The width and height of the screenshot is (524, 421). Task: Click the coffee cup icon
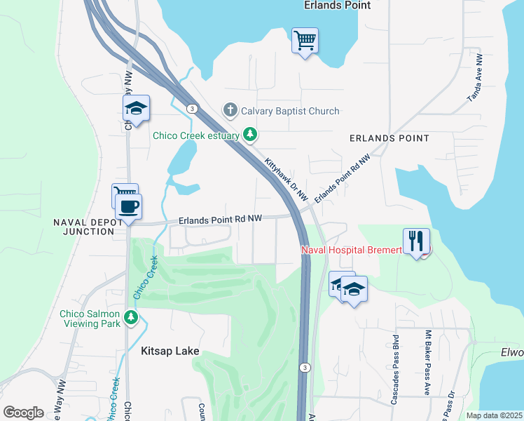[x=127, y=207]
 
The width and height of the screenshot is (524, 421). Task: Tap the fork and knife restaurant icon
[x=416, y=241]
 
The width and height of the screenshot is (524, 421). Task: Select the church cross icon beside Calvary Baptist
[x=230, y=110]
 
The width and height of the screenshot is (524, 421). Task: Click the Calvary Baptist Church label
[x=290, y=111]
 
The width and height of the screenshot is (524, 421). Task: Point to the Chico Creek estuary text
[x=197, y=135]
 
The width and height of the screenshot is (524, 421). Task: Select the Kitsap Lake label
[x=170, y=351]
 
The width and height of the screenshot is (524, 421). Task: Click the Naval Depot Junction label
[x=88, y=227]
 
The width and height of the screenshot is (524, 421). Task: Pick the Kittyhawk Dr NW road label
[x=286, y=180]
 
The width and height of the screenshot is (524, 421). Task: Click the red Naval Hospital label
[x=351, y=250]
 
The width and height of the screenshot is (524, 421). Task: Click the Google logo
[x=24, y=413]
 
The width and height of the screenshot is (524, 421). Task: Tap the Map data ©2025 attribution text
[x=495, y=415]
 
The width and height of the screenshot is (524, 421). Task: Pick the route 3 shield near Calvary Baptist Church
[x=191, y=108]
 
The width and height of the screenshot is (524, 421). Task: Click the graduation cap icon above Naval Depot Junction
[x=137, y=108]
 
